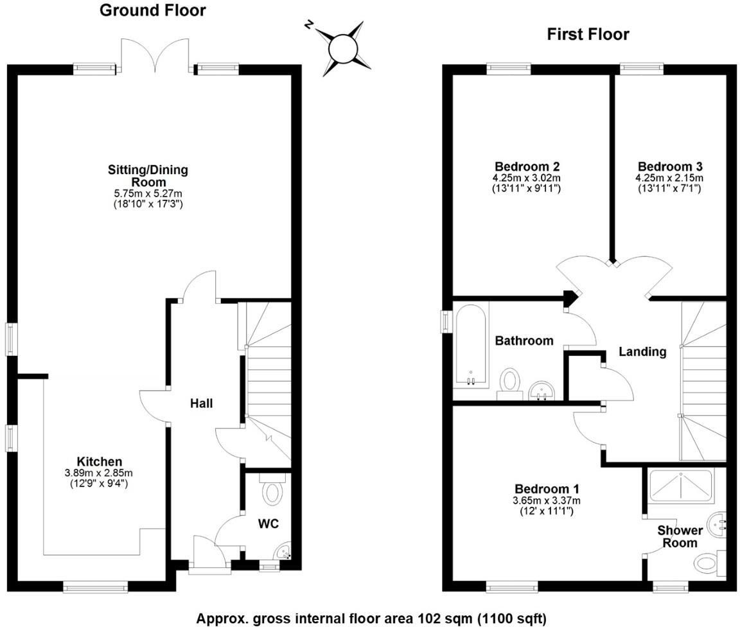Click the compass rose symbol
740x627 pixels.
click(341, 46)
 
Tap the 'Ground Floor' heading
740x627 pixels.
click(153, 10)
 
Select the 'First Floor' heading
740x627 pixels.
click(588, 34)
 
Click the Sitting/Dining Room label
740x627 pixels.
click(148, 176)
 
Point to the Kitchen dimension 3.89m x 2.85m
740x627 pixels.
click(100, 473)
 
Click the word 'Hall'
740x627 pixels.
click(201, 403)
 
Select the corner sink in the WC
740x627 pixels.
click(282, 551)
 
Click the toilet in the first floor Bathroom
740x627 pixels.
click(511, 380)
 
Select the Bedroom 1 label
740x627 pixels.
click(540, 489)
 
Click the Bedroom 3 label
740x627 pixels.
click(668, 166)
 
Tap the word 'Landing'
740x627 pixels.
click(642, 351)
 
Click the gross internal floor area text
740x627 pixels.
click(371, 619)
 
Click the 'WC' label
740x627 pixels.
click(269, 524)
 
